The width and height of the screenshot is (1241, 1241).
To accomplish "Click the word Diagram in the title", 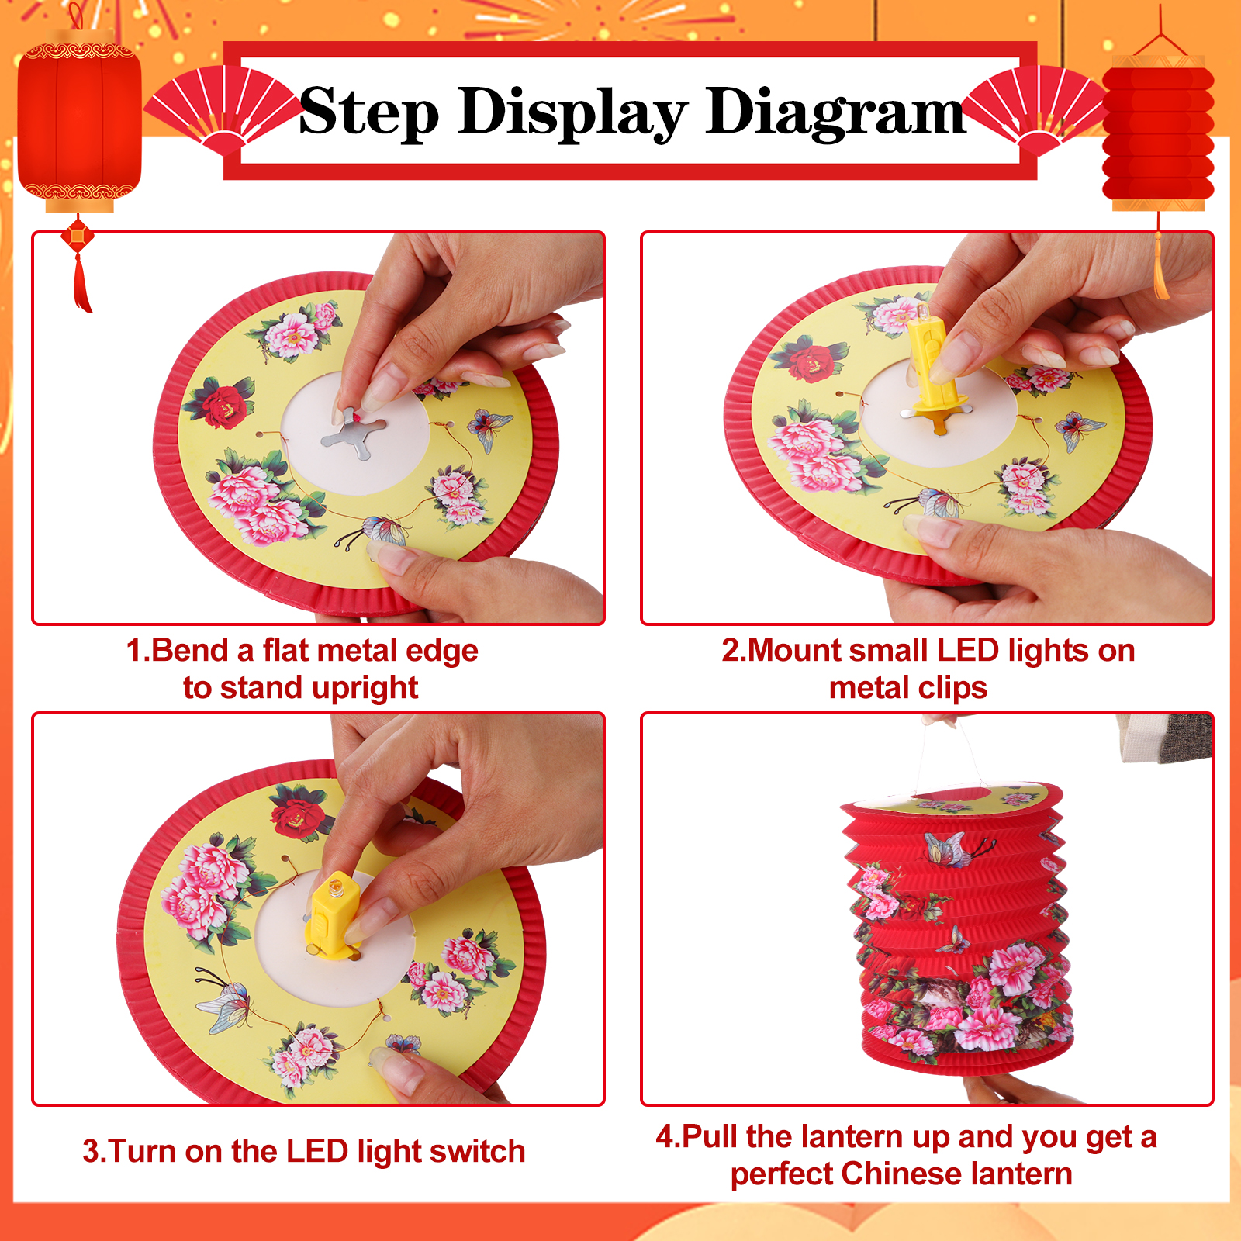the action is point(835,113).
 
